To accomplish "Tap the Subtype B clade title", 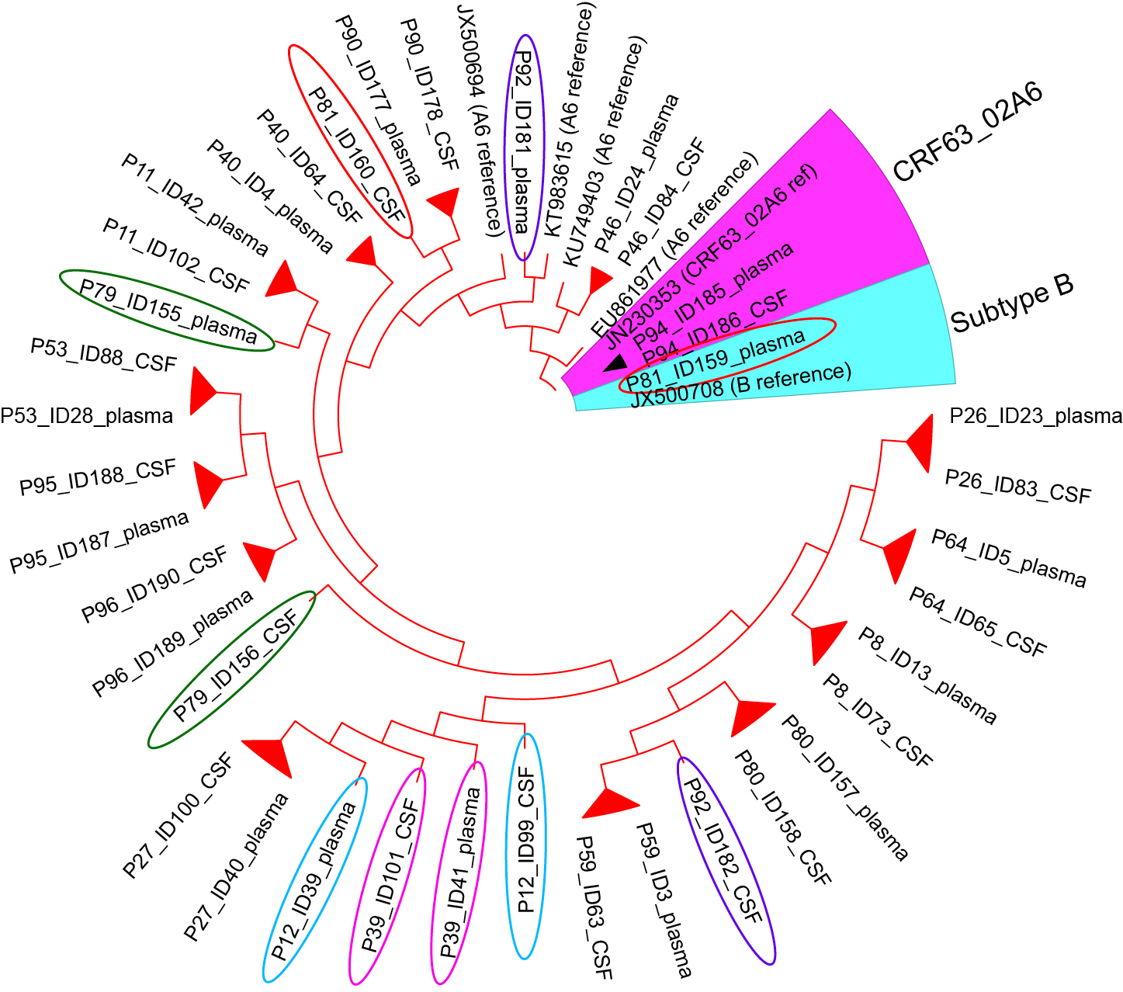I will point(1012,303).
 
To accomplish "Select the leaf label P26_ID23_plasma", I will point(1035,417).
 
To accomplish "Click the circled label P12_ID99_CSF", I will point(526,845).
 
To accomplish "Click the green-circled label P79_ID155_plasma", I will point(168,310).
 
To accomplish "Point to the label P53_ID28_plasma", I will point(86,416).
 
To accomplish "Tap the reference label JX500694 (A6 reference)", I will point(481,120).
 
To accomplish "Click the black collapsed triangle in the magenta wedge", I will point(618,362).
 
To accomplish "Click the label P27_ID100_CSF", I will point(178,816).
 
